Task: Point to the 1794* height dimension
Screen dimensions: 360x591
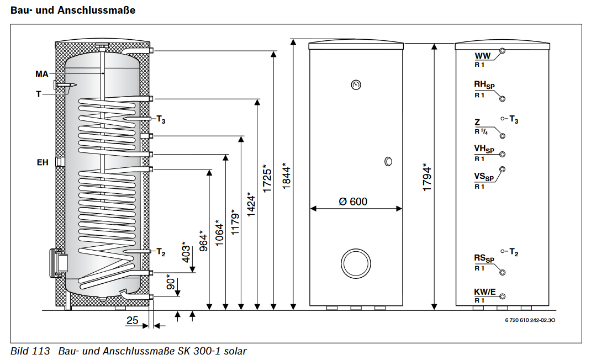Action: (426, 177)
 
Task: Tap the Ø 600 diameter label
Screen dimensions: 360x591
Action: (352, 202)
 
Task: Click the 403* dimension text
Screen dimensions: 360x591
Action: (186, 252)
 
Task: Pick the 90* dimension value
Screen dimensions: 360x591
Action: (171, 283)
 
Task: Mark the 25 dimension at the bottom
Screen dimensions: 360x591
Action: (133, 320)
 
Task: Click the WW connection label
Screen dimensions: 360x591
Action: (482, 56)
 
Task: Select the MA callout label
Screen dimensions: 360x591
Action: (41, 73)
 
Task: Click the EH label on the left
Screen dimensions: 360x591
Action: (42, 162)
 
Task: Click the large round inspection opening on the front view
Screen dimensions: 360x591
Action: (356, 263)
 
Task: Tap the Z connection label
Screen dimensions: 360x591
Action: (477, 122)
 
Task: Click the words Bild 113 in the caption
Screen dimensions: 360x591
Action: (30, 351)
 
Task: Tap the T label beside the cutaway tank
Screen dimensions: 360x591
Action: (38, 94)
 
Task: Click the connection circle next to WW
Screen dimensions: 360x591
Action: (502, 51)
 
